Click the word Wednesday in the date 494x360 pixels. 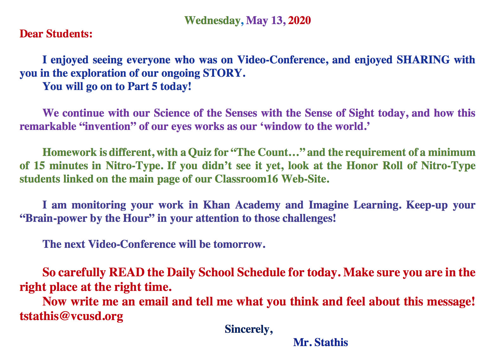[x=212, y=21]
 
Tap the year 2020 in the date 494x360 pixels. [x=299, y=20]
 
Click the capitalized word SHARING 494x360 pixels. [x=423, y=60]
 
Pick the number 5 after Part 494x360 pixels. [x=155, y=86]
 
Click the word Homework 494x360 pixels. [x=69, y=152]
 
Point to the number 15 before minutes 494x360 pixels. [x=39, y=166]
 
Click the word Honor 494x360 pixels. [x=362, y=166]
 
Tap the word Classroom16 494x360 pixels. [x=246, y=179]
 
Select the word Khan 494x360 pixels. [x=216, y=205]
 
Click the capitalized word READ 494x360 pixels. [x=127, y=272]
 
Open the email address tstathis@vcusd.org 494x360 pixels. [x=72, y=316]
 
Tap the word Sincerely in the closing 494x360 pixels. [x=247, y=330]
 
